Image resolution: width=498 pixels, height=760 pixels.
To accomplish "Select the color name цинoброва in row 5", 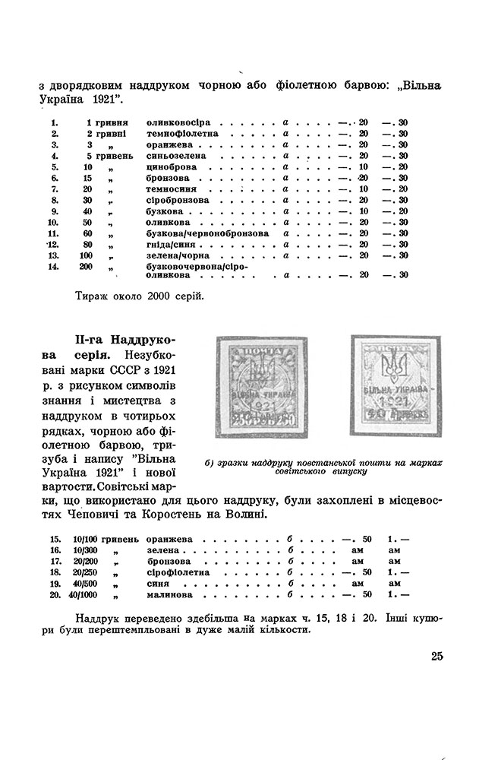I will click(x=169, y=166).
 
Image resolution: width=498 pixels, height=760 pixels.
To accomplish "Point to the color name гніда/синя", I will click(x=168, y=244).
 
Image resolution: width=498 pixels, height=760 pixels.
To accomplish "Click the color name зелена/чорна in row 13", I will click(x=171, y=255).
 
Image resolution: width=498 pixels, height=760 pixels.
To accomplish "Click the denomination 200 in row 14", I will click(x=85, y=267).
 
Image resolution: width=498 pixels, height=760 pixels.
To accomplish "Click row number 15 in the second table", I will click(x=55, y=538).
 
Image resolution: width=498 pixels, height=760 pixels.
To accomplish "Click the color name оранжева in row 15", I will click(x=167, y=538).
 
